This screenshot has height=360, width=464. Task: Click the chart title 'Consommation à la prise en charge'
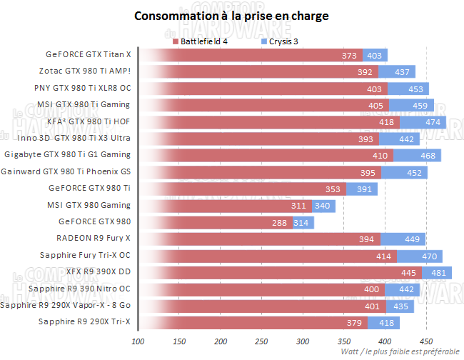pyautogui.click(x=233, y=15)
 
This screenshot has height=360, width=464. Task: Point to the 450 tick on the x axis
pyautogui.click(x=426, y=341)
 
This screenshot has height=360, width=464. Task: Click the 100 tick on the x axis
pyautogui.click(x=138, y=341)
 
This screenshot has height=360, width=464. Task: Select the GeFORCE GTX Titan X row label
pyautogui.click(x=88, y=54)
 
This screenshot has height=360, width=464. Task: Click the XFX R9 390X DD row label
pyautogui.click(x=98, y=271)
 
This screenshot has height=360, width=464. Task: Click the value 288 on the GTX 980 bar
pyautogui.click(x=279, y=222)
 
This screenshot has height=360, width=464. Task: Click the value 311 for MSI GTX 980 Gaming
pyautogui.click(x=300, y=206)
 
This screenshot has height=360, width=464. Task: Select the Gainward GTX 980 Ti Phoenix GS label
pyautogui.click(x=66, y=171)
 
